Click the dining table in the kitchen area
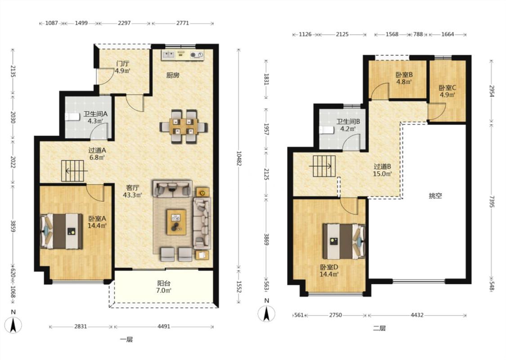184,126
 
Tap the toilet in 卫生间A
72,117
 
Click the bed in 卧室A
61,231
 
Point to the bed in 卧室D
345,242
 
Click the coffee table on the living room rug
176,222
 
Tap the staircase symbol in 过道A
74,171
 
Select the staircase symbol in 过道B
324,166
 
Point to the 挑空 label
435,196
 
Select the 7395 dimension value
491,201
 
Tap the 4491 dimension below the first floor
164,326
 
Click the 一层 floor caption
126,339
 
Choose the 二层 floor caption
379,328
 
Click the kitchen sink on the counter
169,54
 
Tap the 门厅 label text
122,63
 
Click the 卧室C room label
447,87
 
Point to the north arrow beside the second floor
267,313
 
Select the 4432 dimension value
417,315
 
